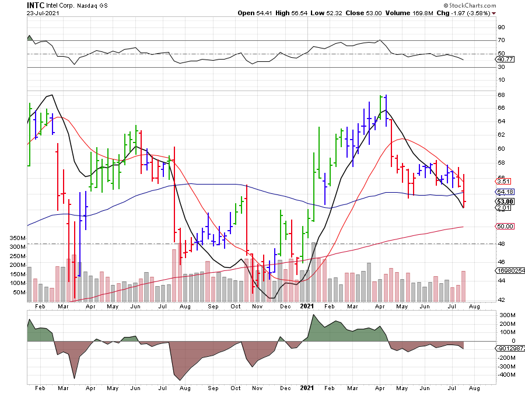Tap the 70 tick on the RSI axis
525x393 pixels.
(x=501, y=40)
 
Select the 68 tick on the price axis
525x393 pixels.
(x=501, y=95)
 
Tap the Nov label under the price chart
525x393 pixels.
(x=257, y=305)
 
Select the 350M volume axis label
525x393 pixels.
(x=19, y=238)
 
